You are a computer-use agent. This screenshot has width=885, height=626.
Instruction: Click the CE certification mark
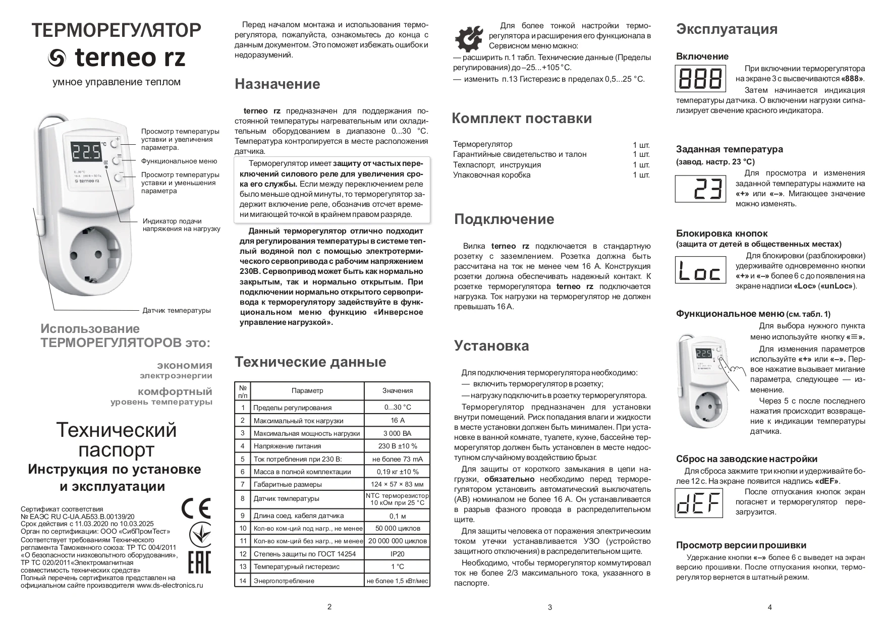[196, 508]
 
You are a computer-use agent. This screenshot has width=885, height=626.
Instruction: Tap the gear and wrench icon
[470, 38]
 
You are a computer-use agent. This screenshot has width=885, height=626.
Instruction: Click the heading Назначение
[277, 84]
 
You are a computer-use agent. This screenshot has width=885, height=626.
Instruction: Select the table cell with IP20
[397, 554]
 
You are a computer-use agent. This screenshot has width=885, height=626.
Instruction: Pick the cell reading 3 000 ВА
[397, 433]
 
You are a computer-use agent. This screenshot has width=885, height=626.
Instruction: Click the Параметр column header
[307, 390]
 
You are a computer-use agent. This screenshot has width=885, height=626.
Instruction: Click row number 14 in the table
[243, 581]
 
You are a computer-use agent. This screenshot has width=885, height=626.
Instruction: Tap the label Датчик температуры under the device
[177, 311]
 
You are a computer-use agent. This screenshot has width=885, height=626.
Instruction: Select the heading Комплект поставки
[521, 119]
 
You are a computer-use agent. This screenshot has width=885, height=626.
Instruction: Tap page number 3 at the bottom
[549, 607]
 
